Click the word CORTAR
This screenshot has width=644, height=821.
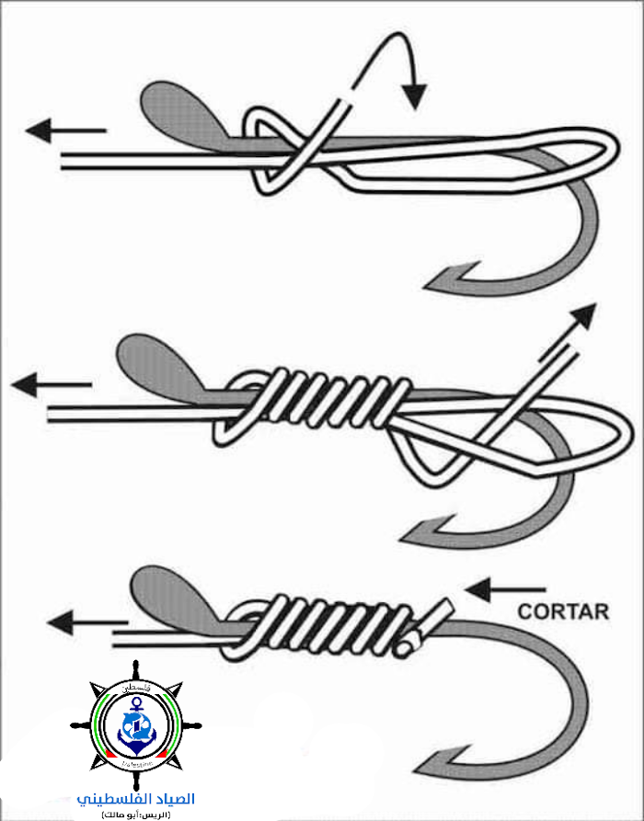pos(563,610)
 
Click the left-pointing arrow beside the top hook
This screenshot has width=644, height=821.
pos(64,131)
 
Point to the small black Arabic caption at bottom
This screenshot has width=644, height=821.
pos(135,814)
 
